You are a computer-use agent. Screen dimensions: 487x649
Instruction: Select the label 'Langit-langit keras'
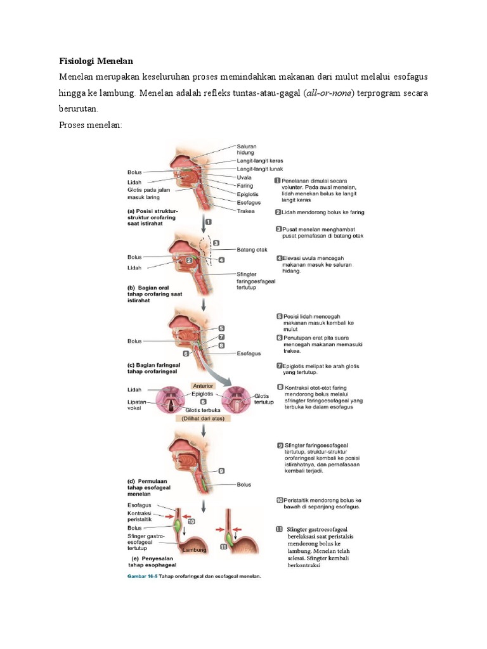pyautogui.click(x=260, y=161)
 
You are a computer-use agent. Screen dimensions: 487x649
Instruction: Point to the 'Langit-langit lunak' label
pyautogui.click(x=259, y=170)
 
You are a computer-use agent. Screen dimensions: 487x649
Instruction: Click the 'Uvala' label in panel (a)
pyautogui.click(x=245, y=178)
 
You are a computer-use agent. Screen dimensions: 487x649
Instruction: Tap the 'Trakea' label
pyautogui.click(x=247, y=210)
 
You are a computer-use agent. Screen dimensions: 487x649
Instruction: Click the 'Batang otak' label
pyautogui.click(x=250, y=249)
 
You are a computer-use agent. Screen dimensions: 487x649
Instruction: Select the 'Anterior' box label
pyautogui.click(x=202, y=385)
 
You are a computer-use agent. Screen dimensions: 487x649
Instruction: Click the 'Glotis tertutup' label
pyautogui.click(x=263, y=399)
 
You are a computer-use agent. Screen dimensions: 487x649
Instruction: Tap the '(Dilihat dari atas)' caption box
pyautogui.click(x=203, y=418)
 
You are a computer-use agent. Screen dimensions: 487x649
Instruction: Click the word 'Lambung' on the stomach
pyautogui.click(x=194, y=550)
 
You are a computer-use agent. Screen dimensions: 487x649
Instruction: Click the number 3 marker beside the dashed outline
pyautogui.click(x=216, y=243)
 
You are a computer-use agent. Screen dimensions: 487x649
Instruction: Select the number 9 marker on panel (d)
pyautogui.click(x=221, y=471)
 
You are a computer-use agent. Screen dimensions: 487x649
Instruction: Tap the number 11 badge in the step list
pyautogui.click(x=279, y=529)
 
